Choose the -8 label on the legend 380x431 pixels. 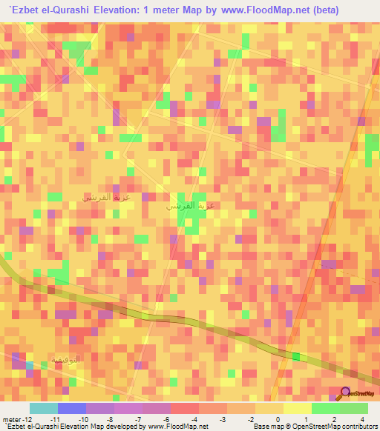coord(110,418)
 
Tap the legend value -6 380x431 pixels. coord(166,418)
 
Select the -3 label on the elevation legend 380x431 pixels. coord(222,418)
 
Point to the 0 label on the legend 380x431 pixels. coord(278,418)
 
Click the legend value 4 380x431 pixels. coord(361,418)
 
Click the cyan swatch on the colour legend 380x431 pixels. coord(43,408)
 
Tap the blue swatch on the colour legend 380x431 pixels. coord(71,408)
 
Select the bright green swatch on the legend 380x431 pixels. coord(325,408)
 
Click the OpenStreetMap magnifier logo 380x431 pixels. coord(344,393)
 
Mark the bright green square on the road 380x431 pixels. coord(296,357)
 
